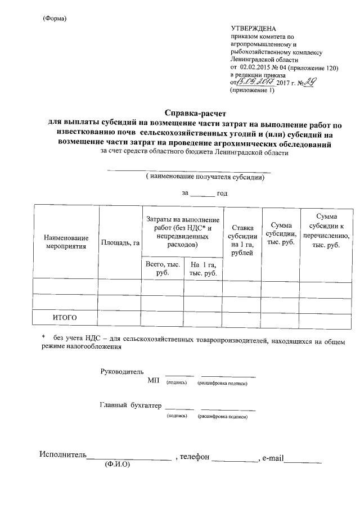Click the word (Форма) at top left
[x=55, y=19]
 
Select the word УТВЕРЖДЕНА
[x=254, y=29]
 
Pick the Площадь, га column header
[x=120, y=242]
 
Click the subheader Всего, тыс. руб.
[x=163, y=268]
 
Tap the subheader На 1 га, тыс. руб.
[x=203, y=268]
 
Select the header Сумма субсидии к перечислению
[x=326, y=231]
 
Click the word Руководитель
[x=121, y=372]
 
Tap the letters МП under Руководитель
[x=154, y=382]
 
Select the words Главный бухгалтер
[x=130, y=405]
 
